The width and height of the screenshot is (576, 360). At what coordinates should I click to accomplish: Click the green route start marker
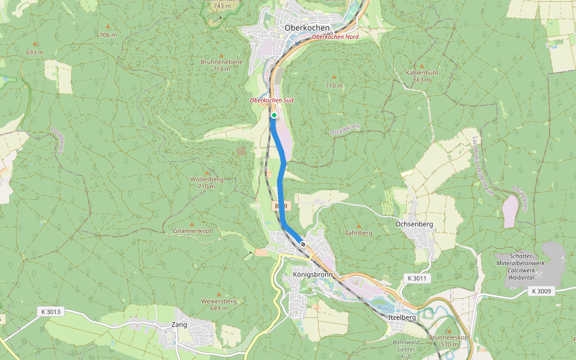[x=274, y=115]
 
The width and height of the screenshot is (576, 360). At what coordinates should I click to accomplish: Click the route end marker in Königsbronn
[x=304, y=244]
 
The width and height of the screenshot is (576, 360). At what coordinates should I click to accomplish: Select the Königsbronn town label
[x=312, y=274]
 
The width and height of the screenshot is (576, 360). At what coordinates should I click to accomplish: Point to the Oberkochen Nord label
[x=335, y=37]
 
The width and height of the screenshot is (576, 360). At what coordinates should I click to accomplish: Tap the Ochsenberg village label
[x=414, y=224]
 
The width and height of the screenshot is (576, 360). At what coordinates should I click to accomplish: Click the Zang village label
[x=179, y=325]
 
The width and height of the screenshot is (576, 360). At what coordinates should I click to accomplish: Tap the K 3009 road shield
[x=541, y=291]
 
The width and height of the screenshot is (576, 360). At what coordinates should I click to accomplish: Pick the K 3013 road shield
[x=51, y=311]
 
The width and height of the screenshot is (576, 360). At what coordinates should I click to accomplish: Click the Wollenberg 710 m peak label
[x=206, y=182]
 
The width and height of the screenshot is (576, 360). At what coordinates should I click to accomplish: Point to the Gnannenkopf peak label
[x=192, y=231]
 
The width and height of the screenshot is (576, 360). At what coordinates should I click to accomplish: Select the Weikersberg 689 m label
[x=219, y=304]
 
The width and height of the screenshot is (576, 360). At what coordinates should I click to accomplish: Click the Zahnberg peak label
[x=359, y=233]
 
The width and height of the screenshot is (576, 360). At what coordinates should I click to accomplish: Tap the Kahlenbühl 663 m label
[x=422, y=76]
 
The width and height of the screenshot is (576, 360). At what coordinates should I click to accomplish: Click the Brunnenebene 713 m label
[x=221, y=65]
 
